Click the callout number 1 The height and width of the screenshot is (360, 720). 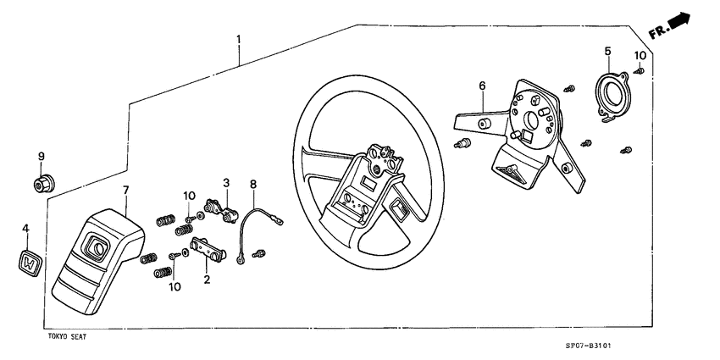coord(238,40)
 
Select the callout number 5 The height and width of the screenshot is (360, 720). coord(607,52)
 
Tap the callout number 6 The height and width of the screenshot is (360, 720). coord(482,86)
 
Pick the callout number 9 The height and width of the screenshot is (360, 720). coord(40,156)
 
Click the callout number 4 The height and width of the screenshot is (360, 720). coord(25,228)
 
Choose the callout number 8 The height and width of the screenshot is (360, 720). coord(252,184)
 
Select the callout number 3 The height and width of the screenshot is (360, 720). coord(226,182)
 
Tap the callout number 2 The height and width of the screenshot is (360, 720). coord(206,276)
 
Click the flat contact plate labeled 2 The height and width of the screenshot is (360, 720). coord(208,252)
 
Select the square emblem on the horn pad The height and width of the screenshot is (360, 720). coord(96,247)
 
